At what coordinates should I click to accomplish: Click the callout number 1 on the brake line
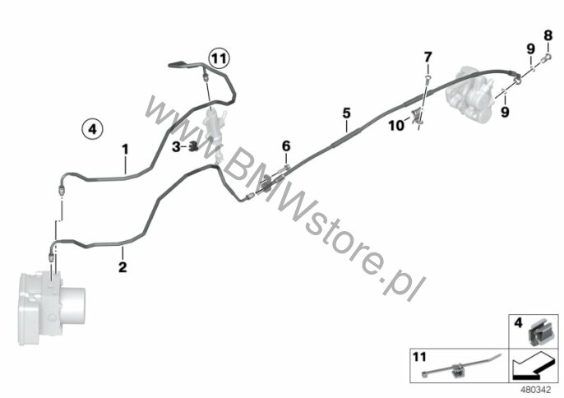[x=126, y=150]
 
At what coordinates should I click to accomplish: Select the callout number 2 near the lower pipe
[x=123, y=267]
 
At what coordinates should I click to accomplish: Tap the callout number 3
[x=176, y=146]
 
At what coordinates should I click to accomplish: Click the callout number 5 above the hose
[x=346, y=112]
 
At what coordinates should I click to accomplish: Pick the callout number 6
[x=286, y=146]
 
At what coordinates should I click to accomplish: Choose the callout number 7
[x=428, y=57]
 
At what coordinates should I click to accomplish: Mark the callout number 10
[x=394, y=125]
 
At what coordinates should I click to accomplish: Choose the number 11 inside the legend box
[x=419, y=358]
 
